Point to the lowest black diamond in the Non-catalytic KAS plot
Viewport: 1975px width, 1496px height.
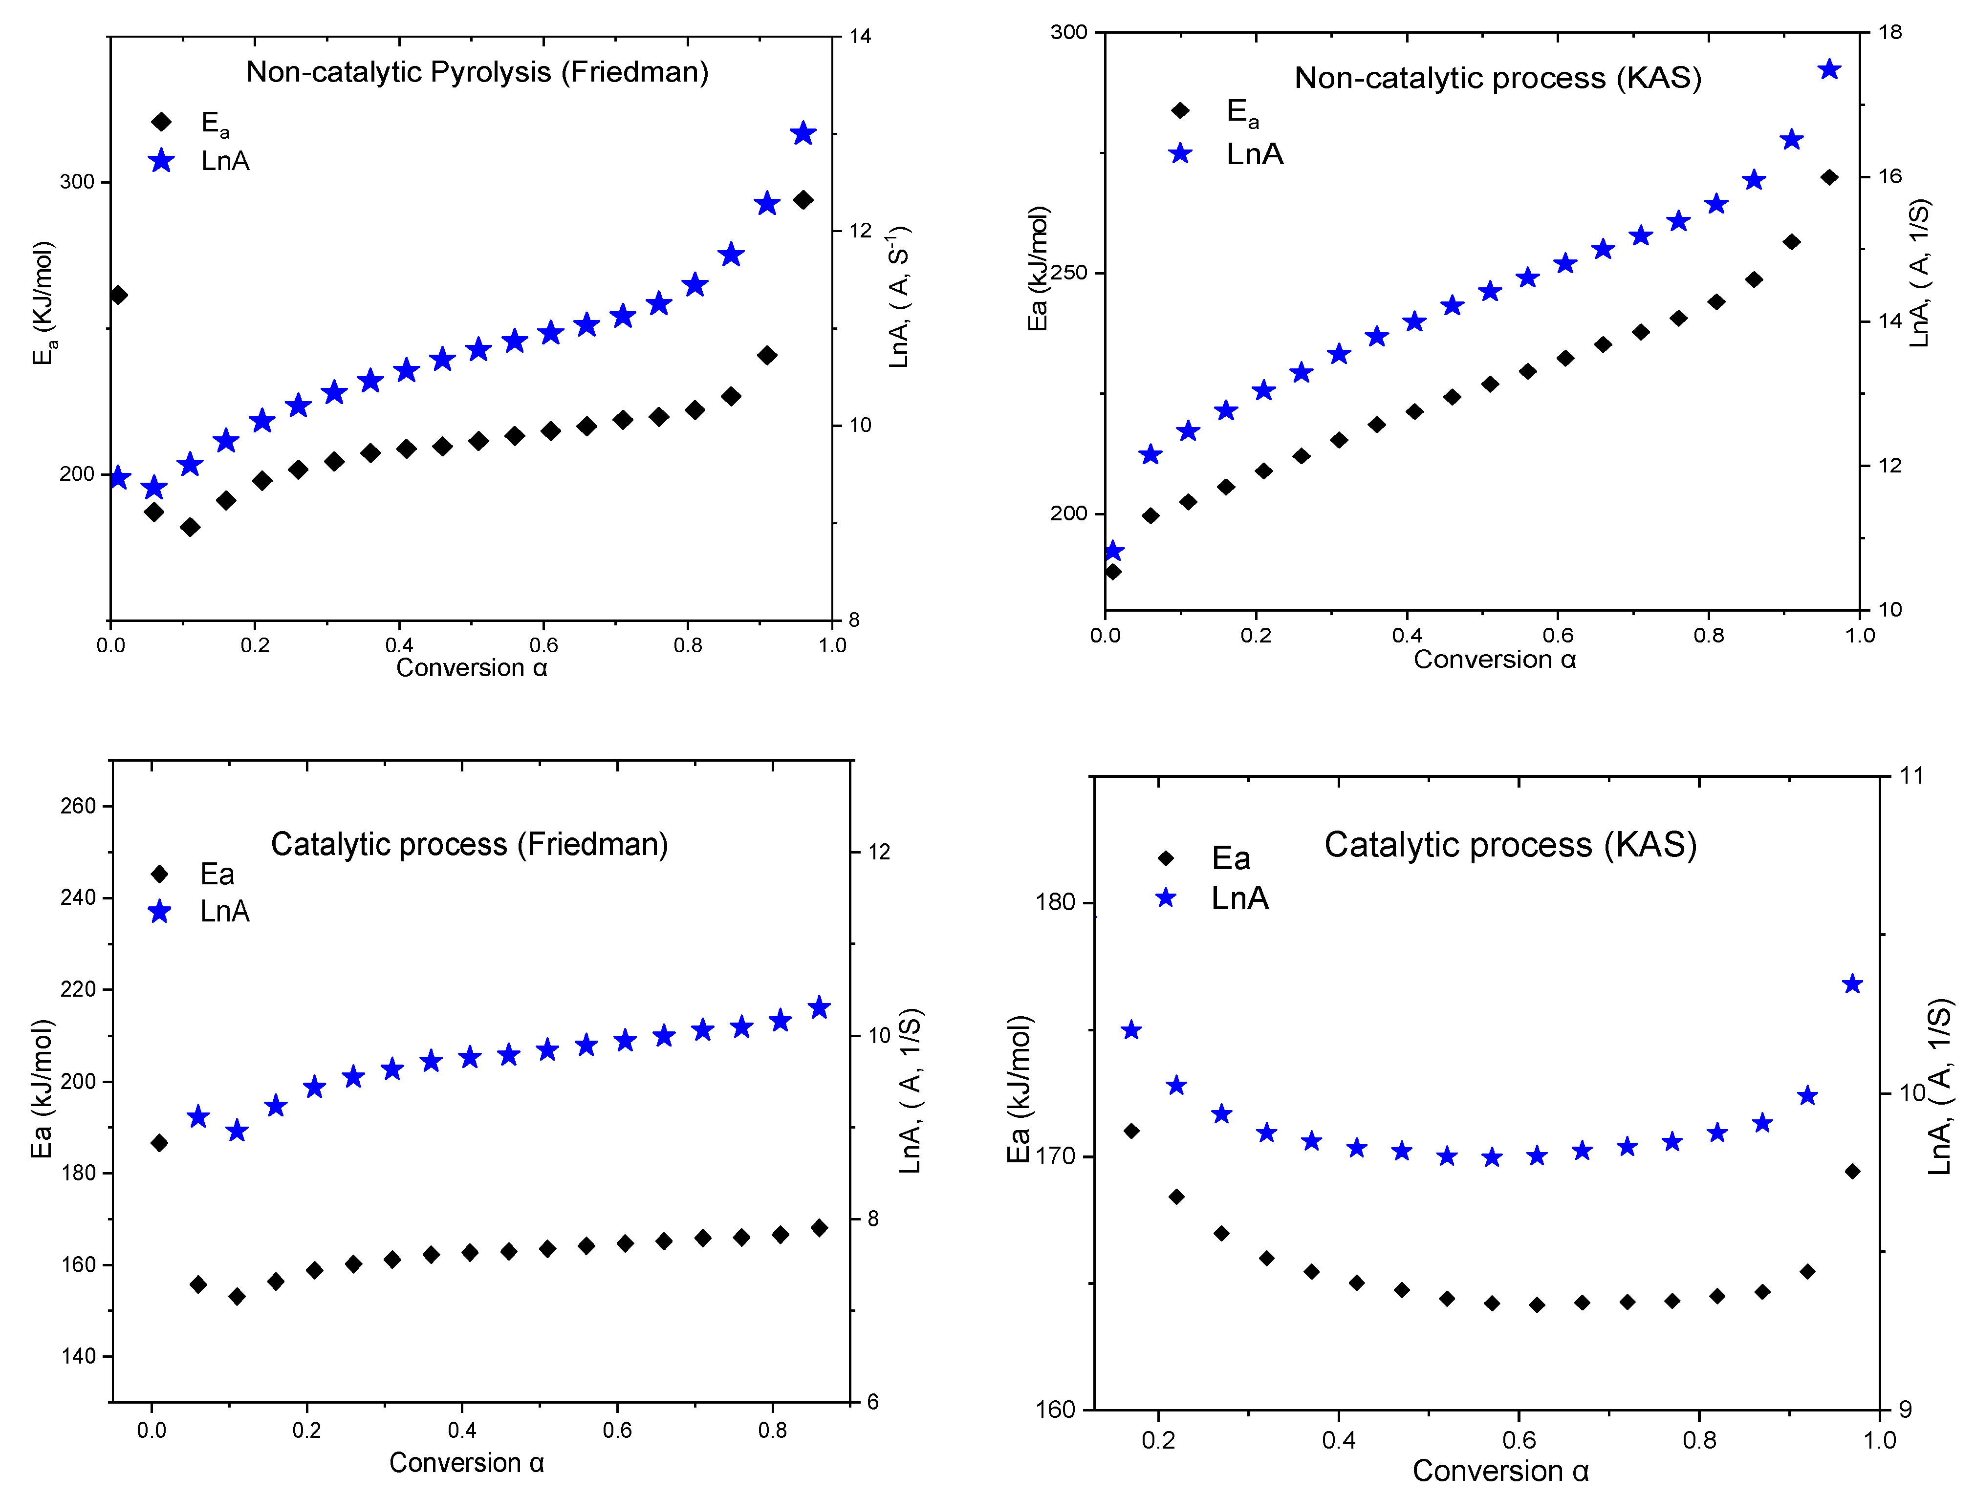point(1112,571)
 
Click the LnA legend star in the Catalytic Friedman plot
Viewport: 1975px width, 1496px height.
point(160,911)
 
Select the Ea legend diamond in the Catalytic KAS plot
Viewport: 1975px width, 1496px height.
point(1165,859)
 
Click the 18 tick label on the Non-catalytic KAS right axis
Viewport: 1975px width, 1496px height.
point(1889,32)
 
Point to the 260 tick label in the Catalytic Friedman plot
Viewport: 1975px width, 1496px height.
point(78,806)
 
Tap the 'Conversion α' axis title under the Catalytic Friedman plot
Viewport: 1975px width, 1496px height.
point(466,1463)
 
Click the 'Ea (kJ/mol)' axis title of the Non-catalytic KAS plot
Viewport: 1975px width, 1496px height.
point(1038,268)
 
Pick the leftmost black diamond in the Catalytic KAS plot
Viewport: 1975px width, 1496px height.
point(1131,1131)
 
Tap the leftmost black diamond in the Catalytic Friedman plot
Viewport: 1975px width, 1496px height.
point(159,1143)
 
